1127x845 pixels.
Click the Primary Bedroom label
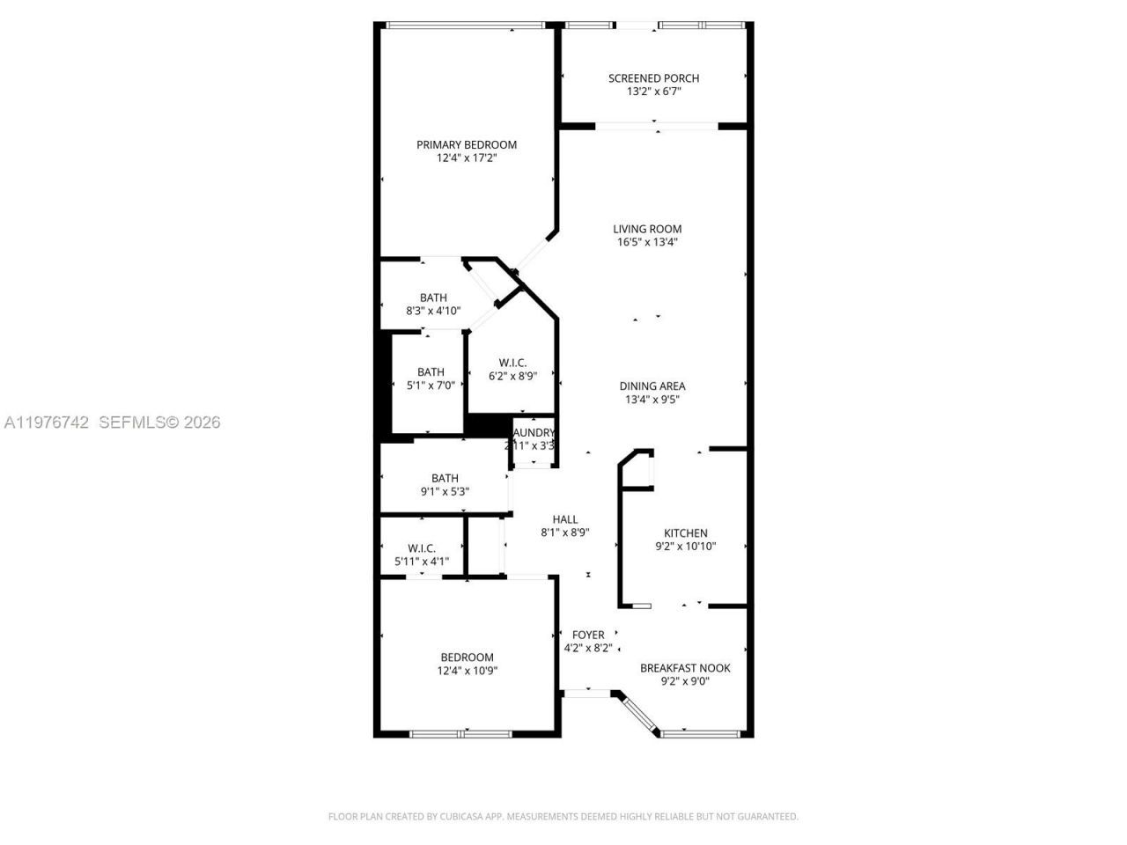point(467,144)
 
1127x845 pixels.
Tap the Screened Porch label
point(653,78)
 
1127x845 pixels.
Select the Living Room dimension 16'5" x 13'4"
point(647,242)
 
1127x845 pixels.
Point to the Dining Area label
point(652,386)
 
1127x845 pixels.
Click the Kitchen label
point(685,533)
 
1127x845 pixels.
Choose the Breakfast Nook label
point(685,667)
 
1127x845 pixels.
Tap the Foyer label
point(588,635)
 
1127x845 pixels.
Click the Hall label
point(564,519)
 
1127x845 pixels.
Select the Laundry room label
point(533,433)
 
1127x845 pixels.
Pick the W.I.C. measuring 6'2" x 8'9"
point(512,363)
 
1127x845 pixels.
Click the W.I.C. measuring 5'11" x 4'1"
point(422,547)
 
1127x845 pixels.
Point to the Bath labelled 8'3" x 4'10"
point(433,298)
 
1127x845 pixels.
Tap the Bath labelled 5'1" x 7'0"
point(431,371)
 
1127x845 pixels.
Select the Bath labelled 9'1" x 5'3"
point(445,478)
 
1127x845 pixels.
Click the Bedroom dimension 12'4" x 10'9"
point(467,671)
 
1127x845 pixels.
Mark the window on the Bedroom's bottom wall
point(460,732)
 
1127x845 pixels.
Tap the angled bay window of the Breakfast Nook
point(640,713)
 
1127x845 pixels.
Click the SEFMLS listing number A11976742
point(47,422)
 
